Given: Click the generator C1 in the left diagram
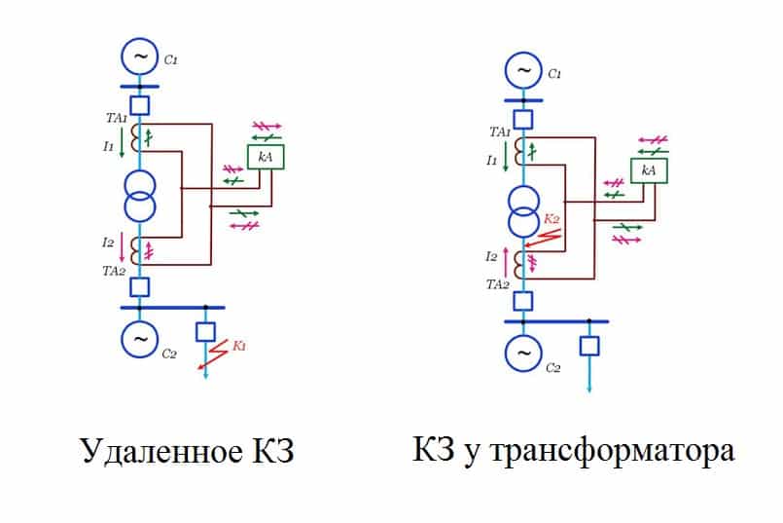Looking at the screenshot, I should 140,57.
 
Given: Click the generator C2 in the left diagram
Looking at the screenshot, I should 140,338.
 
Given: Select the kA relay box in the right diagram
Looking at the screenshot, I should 649,170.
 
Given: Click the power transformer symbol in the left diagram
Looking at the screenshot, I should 140,196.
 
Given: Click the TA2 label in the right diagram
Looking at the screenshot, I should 499,284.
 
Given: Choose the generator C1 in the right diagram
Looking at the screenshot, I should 524,71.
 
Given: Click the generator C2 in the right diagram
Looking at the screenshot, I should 524,350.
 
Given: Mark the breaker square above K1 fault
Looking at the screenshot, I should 205,331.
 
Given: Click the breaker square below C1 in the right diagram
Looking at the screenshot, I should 524,119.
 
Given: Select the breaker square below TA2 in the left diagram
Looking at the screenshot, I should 140,286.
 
